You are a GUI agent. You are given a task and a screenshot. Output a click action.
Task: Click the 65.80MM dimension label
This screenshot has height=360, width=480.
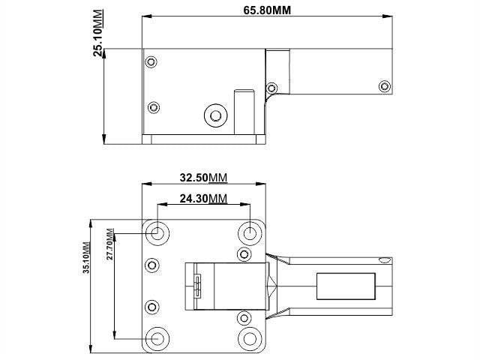[x=268, y=10]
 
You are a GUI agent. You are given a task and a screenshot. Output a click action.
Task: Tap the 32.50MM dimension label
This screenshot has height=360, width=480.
[x=203, y=178]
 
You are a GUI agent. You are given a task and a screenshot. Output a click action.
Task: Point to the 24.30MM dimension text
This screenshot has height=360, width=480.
[x=203, y=198]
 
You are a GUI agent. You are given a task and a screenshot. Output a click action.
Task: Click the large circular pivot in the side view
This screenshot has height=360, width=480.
[x=216, y=115]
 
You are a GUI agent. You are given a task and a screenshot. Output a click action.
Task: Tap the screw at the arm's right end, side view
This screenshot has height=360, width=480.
[x=385, y=85]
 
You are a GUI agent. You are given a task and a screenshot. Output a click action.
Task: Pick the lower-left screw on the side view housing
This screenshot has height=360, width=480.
[x=153, y=106]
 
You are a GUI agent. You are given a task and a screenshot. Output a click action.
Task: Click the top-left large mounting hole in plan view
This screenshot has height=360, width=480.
[x=157, y=232]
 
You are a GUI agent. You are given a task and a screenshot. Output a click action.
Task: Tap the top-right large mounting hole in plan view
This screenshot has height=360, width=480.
[x=250, y=232]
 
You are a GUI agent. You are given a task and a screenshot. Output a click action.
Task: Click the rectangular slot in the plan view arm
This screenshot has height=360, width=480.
[x=346, y=286]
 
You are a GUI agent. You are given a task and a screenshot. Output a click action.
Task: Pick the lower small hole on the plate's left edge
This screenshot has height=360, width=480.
[x=152, y=306]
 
